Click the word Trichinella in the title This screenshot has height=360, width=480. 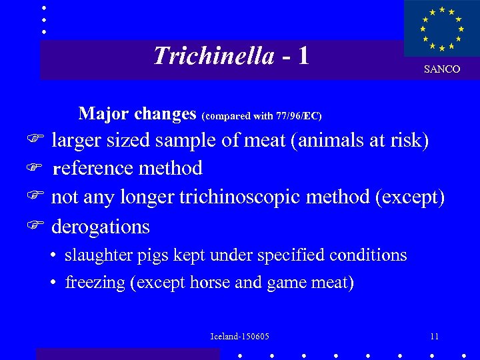click(213, 56)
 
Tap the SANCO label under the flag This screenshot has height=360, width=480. click(442, 69)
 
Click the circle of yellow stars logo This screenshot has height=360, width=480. click(441, 29)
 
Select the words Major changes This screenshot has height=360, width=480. click(137, 114)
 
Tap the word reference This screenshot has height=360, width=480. click(93, 168)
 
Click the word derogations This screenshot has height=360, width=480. click(101, 227)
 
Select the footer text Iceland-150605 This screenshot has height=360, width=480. click(239, 336)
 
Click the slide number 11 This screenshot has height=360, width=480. click(434, 336)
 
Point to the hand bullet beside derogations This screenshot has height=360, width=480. click(38, 227)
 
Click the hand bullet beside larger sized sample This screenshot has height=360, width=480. click(38, 140)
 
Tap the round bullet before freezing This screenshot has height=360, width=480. click(53, 283)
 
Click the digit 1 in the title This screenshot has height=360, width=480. click(303, 56)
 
